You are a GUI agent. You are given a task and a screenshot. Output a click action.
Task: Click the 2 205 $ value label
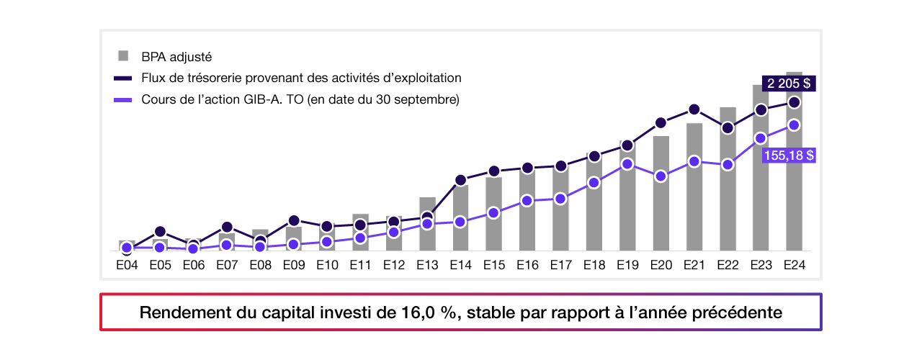click(789, 84)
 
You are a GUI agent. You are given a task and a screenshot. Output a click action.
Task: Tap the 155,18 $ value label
click(789, 155)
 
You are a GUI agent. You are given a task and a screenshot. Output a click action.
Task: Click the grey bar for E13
click(427, 234)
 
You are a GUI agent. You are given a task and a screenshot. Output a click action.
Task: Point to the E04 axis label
click(127, 265)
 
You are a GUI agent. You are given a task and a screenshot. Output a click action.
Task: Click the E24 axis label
click(794, 265)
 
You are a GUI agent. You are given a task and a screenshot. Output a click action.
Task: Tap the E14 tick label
click(460, 265)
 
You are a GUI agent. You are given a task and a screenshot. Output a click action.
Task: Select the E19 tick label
click(627, 265)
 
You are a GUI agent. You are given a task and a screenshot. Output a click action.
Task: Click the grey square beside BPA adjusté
click(123, 55)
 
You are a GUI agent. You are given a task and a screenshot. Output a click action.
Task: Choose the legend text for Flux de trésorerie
click(301, 78)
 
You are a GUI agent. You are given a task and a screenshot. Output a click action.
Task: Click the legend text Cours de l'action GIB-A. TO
click(300, 99)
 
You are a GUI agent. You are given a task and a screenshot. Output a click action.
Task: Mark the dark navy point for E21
click(694, 109)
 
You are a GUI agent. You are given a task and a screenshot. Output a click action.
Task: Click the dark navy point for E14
click(460, 180)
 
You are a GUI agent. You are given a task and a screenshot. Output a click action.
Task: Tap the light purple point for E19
click(627, 164)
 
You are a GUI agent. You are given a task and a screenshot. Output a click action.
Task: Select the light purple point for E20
click(661, 176)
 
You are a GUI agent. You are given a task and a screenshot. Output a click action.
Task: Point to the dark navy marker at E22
click(728, 128)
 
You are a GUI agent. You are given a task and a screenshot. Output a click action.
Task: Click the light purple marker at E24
click(794, 125)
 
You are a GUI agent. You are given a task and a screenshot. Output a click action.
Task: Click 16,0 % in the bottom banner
click(427, 313)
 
